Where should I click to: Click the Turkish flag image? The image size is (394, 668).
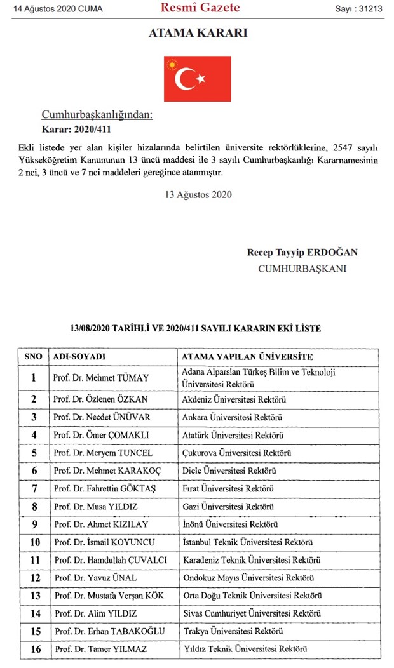click(x=197, y=79)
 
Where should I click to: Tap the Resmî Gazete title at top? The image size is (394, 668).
click(x=200, y=8)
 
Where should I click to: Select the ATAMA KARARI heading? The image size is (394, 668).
click(x=198, y=33)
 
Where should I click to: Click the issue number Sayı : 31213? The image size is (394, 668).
click(x=360, y=9)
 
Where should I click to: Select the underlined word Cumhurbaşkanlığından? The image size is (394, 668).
click(x=97, y=115)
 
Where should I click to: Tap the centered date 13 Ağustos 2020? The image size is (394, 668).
click(x=197, y=194)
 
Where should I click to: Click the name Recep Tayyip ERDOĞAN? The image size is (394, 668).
click(x=302, y=253)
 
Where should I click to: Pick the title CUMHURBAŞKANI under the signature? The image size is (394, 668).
click(x=302, y=269)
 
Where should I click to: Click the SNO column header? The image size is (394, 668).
click(x=34, y=357)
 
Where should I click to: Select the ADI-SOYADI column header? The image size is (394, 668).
click(x=79, y=357)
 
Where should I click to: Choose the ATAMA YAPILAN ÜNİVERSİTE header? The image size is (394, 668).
click(x=247, y=357)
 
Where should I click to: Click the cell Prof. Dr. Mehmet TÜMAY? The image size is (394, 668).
click(x=101, y=378)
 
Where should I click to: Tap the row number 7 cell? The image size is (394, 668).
click(x=34, y=489)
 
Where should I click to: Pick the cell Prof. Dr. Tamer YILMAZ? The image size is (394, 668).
click(x=100, y=649)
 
